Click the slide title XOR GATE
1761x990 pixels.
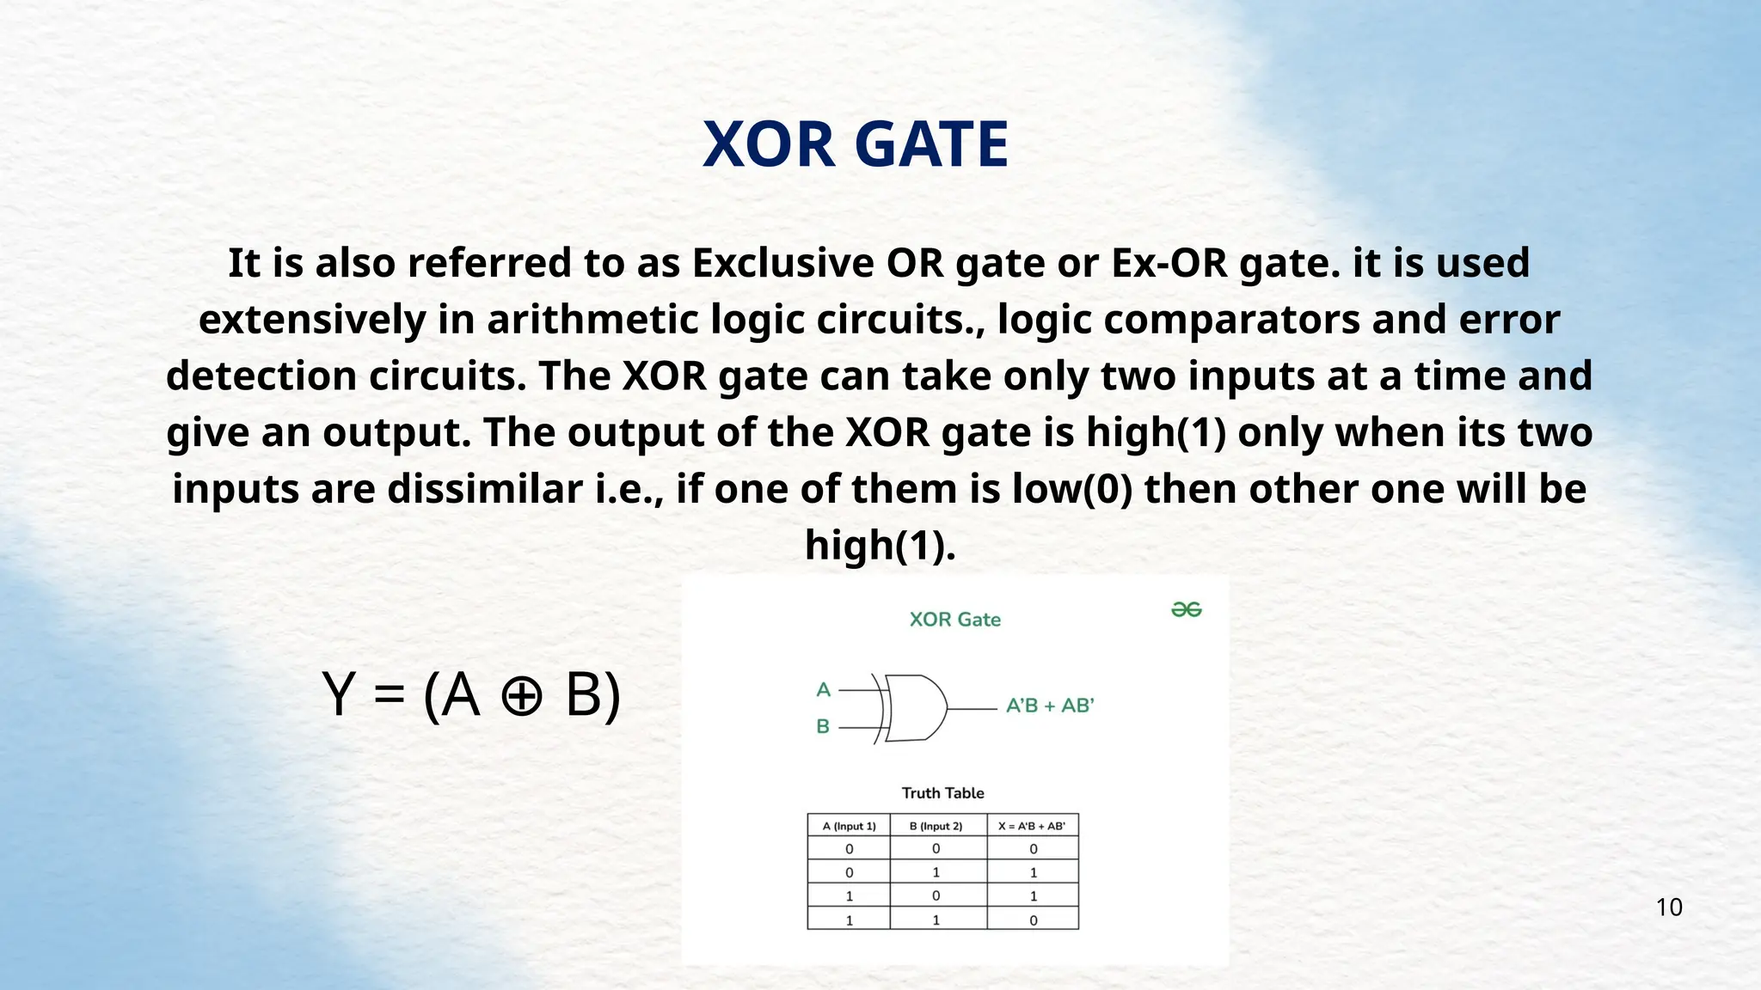[x=856, y=144]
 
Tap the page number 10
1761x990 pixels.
[x=1669, y=907]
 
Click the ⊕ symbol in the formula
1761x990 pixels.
[x=521, y=695]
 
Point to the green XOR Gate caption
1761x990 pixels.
[x=954, y=620]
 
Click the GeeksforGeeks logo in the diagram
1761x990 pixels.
[x=1187, y=609]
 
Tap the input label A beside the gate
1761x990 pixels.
[x=823, y=689]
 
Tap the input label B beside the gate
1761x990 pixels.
[x=823, y=727]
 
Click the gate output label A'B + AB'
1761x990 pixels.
[x=1050, y=706]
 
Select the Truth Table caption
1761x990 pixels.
[x=942, y=793]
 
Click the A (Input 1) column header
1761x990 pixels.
[x=849, y=826]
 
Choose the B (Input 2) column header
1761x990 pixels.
[x=936, y=826]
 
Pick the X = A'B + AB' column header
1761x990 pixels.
[x=1032, y=826]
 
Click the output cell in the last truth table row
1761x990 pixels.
[x=1033, y=920]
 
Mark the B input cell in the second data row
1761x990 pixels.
[x=936, y=872]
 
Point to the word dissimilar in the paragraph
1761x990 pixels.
[x=485, y=489]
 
